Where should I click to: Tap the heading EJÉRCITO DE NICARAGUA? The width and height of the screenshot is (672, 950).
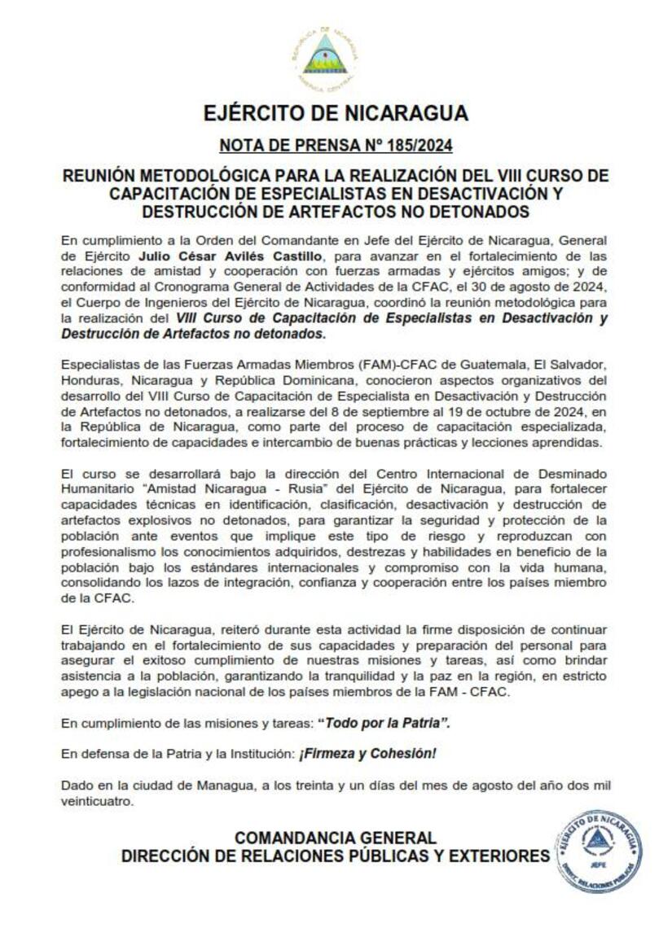tap(336, 112)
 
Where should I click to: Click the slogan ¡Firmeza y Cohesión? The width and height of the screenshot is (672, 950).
tap(367, 754)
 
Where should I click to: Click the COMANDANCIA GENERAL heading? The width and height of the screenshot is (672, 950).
tap(335, 838)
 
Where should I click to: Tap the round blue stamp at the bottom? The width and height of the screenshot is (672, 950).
tap(599, 850)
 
